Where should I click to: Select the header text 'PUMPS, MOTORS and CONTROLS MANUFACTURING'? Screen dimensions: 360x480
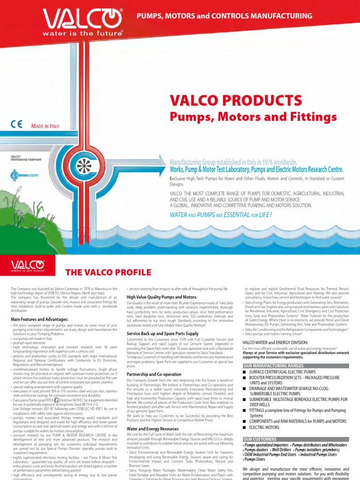(224, 16)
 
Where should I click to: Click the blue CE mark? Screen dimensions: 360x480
(16, 125)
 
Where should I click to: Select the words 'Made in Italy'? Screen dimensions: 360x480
(45, 126)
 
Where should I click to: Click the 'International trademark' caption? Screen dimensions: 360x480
(26, 160)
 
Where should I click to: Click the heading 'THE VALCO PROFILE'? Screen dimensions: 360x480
(102, 271)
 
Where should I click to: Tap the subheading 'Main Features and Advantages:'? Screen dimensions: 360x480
(39, 319)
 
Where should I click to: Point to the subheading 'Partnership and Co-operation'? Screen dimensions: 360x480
(154, 374)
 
